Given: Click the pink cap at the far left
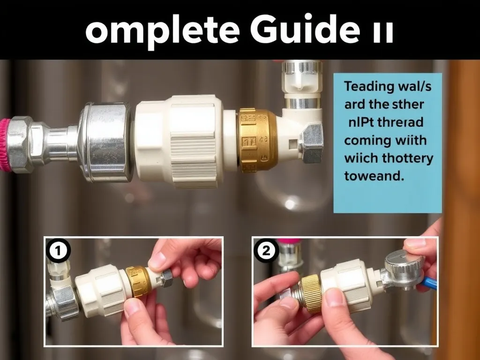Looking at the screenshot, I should point(5,145).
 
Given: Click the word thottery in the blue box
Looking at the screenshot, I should point(406,158).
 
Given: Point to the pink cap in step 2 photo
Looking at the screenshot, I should point(288,241).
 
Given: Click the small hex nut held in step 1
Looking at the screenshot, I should point(166,278).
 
